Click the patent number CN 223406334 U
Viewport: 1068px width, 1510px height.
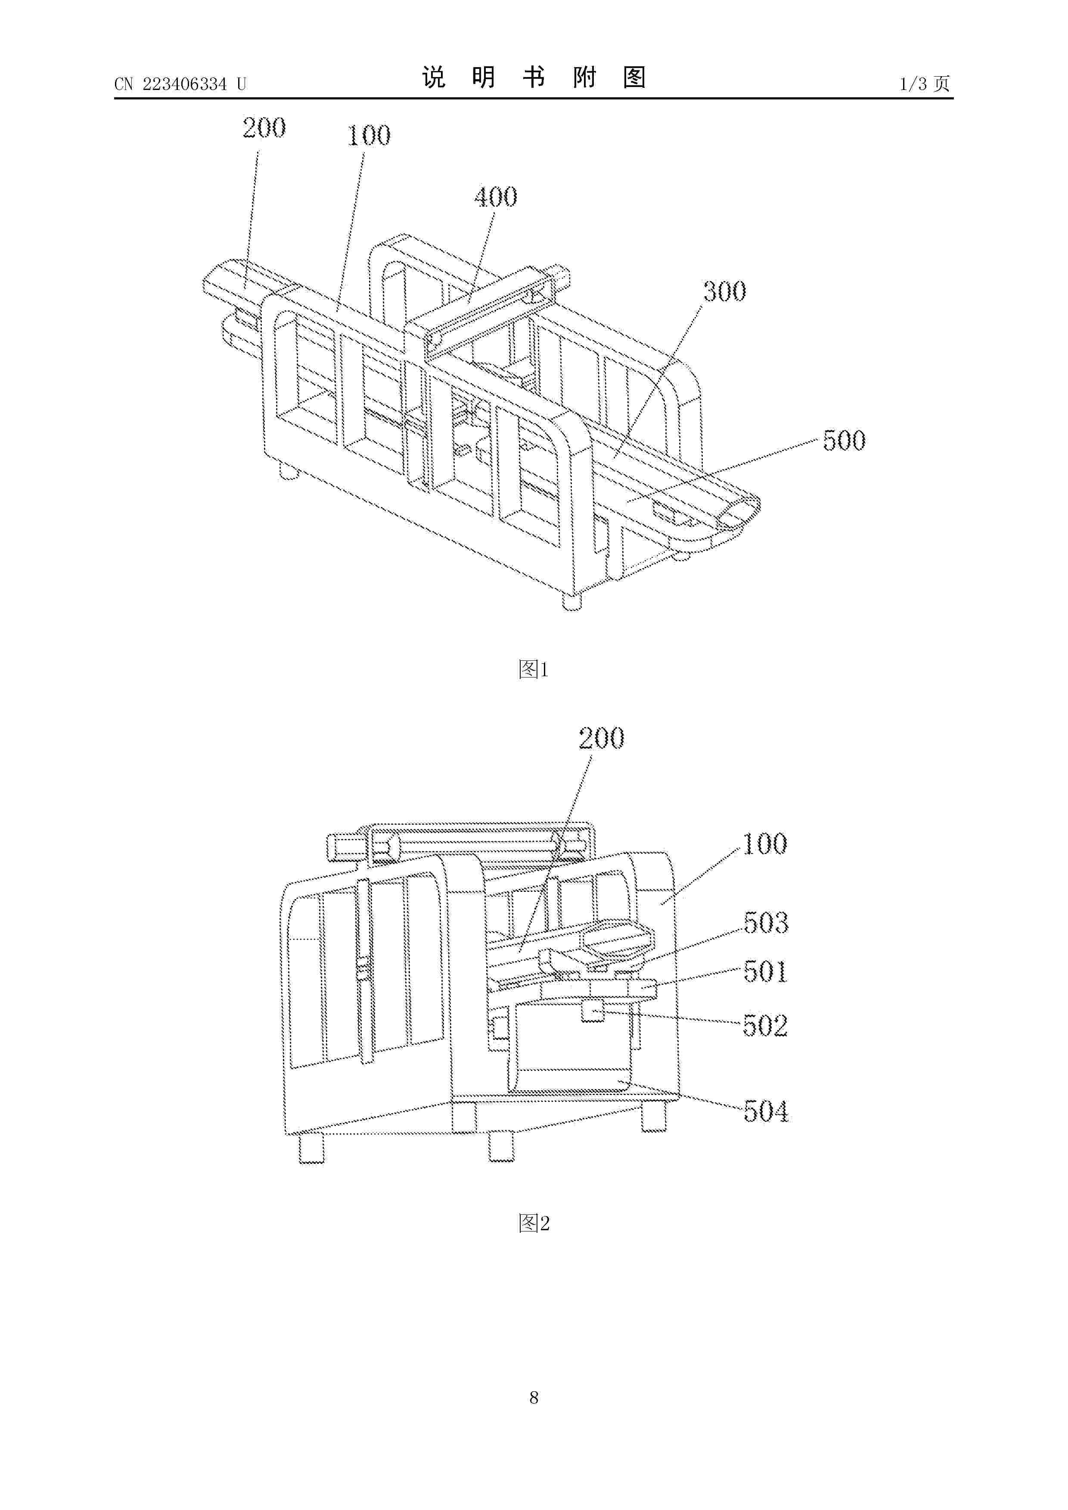point(180,84)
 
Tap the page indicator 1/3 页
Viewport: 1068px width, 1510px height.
point(925,84)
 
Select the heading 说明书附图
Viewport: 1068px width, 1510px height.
point(534,77)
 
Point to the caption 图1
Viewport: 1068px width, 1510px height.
point(534,669)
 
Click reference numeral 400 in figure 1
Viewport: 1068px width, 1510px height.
point(496,196)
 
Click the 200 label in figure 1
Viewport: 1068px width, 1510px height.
point(264,127)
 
